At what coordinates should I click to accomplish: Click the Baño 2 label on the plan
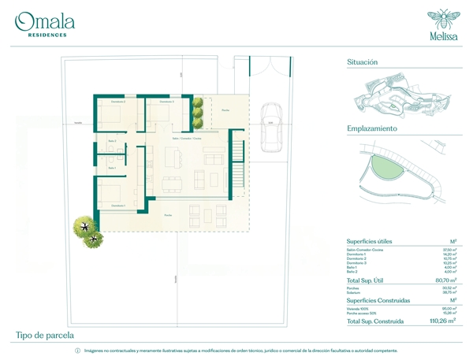coord(111,142)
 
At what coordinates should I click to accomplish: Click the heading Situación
coord(363,61)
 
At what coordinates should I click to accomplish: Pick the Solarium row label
coord(354,291)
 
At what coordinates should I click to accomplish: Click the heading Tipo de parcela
coord(47,336)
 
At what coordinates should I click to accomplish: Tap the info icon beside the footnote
coord(77,350)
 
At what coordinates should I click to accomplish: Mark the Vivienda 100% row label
coord(357,309)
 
